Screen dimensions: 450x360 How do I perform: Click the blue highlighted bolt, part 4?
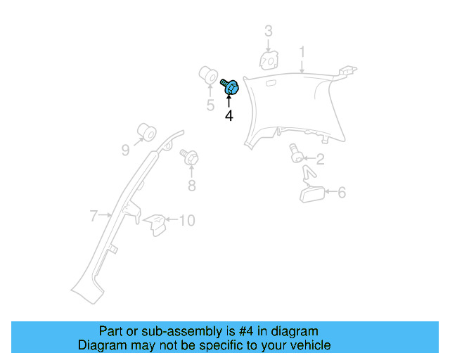click(231, 88)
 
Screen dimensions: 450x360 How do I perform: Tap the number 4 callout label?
click(229, 115)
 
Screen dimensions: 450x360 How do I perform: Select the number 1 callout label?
click(302, 52)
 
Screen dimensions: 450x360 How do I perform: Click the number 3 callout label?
click(268, 31)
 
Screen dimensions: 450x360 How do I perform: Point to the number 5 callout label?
click(210, 105)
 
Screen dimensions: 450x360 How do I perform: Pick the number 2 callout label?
click(319, 160)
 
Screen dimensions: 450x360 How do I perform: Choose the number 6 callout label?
click(342, 192)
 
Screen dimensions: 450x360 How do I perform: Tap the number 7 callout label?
click(93, 216)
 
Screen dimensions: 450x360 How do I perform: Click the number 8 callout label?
click(191, 186)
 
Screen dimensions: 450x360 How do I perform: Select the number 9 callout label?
click(126, 149)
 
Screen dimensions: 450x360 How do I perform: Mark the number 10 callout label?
click(186, 221)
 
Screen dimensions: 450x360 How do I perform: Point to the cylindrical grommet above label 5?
click(208, 74)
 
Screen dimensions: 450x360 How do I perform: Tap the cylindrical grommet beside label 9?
click(146, 131)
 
